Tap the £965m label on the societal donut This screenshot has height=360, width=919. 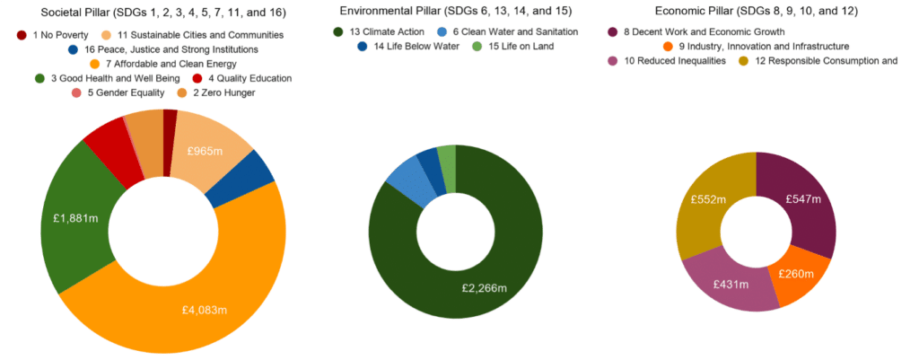pos(206,152)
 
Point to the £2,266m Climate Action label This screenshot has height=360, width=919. pos(485,288)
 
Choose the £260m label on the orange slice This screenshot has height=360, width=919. pos(795,273)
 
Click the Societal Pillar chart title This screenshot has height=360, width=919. pos(162,12)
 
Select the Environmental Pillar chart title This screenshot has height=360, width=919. pos(455,12)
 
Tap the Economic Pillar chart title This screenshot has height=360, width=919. pos(756,12)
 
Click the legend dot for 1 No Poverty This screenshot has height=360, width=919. pos(22,34)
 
